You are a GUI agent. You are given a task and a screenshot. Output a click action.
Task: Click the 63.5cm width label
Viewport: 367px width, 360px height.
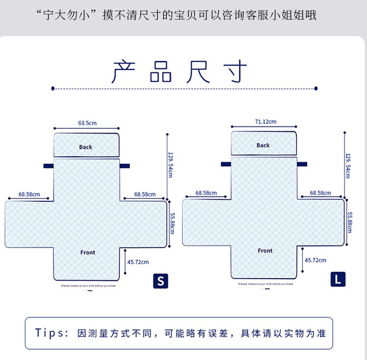[x=87, y=123]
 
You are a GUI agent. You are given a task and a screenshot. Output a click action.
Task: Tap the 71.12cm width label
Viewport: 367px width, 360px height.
[x=265, y=121]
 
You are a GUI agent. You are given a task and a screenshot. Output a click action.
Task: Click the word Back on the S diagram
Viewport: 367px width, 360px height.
[x=86, y=147]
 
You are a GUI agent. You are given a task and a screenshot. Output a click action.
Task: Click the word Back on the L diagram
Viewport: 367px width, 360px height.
[x=263, y=145]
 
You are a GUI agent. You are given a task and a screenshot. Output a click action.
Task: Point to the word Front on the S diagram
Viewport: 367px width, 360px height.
[x=88, y=252]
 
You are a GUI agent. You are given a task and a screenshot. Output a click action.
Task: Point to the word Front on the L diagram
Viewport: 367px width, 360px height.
[x=265, y=251]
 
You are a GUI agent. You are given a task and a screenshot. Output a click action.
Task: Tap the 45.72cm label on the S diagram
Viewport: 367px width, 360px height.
[x=138, y=262]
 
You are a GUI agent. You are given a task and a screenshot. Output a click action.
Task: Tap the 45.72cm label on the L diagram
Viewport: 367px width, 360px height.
[x=316, y=260]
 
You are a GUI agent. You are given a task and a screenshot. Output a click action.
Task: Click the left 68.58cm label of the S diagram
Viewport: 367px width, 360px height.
[x=29, y=194]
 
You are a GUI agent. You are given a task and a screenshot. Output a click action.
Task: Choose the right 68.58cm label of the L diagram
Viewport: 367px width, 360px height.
[x=321, y=193]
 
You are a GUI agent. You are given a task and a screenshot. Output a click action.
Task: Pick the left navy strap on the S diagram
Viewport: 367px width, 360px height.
[x=48, y=166]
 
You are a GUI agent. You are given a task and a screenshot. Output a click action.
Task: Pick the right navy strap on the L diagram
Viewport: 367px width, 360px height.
[x=302, y=164]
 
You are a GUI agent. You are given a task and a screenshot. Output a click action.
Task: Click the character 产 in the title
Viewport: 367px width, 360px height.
[x=123, y=72]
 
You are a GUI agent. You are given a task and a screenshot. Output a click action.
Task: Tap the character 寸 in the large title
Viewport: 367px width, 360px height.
[x=234, y=72]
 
